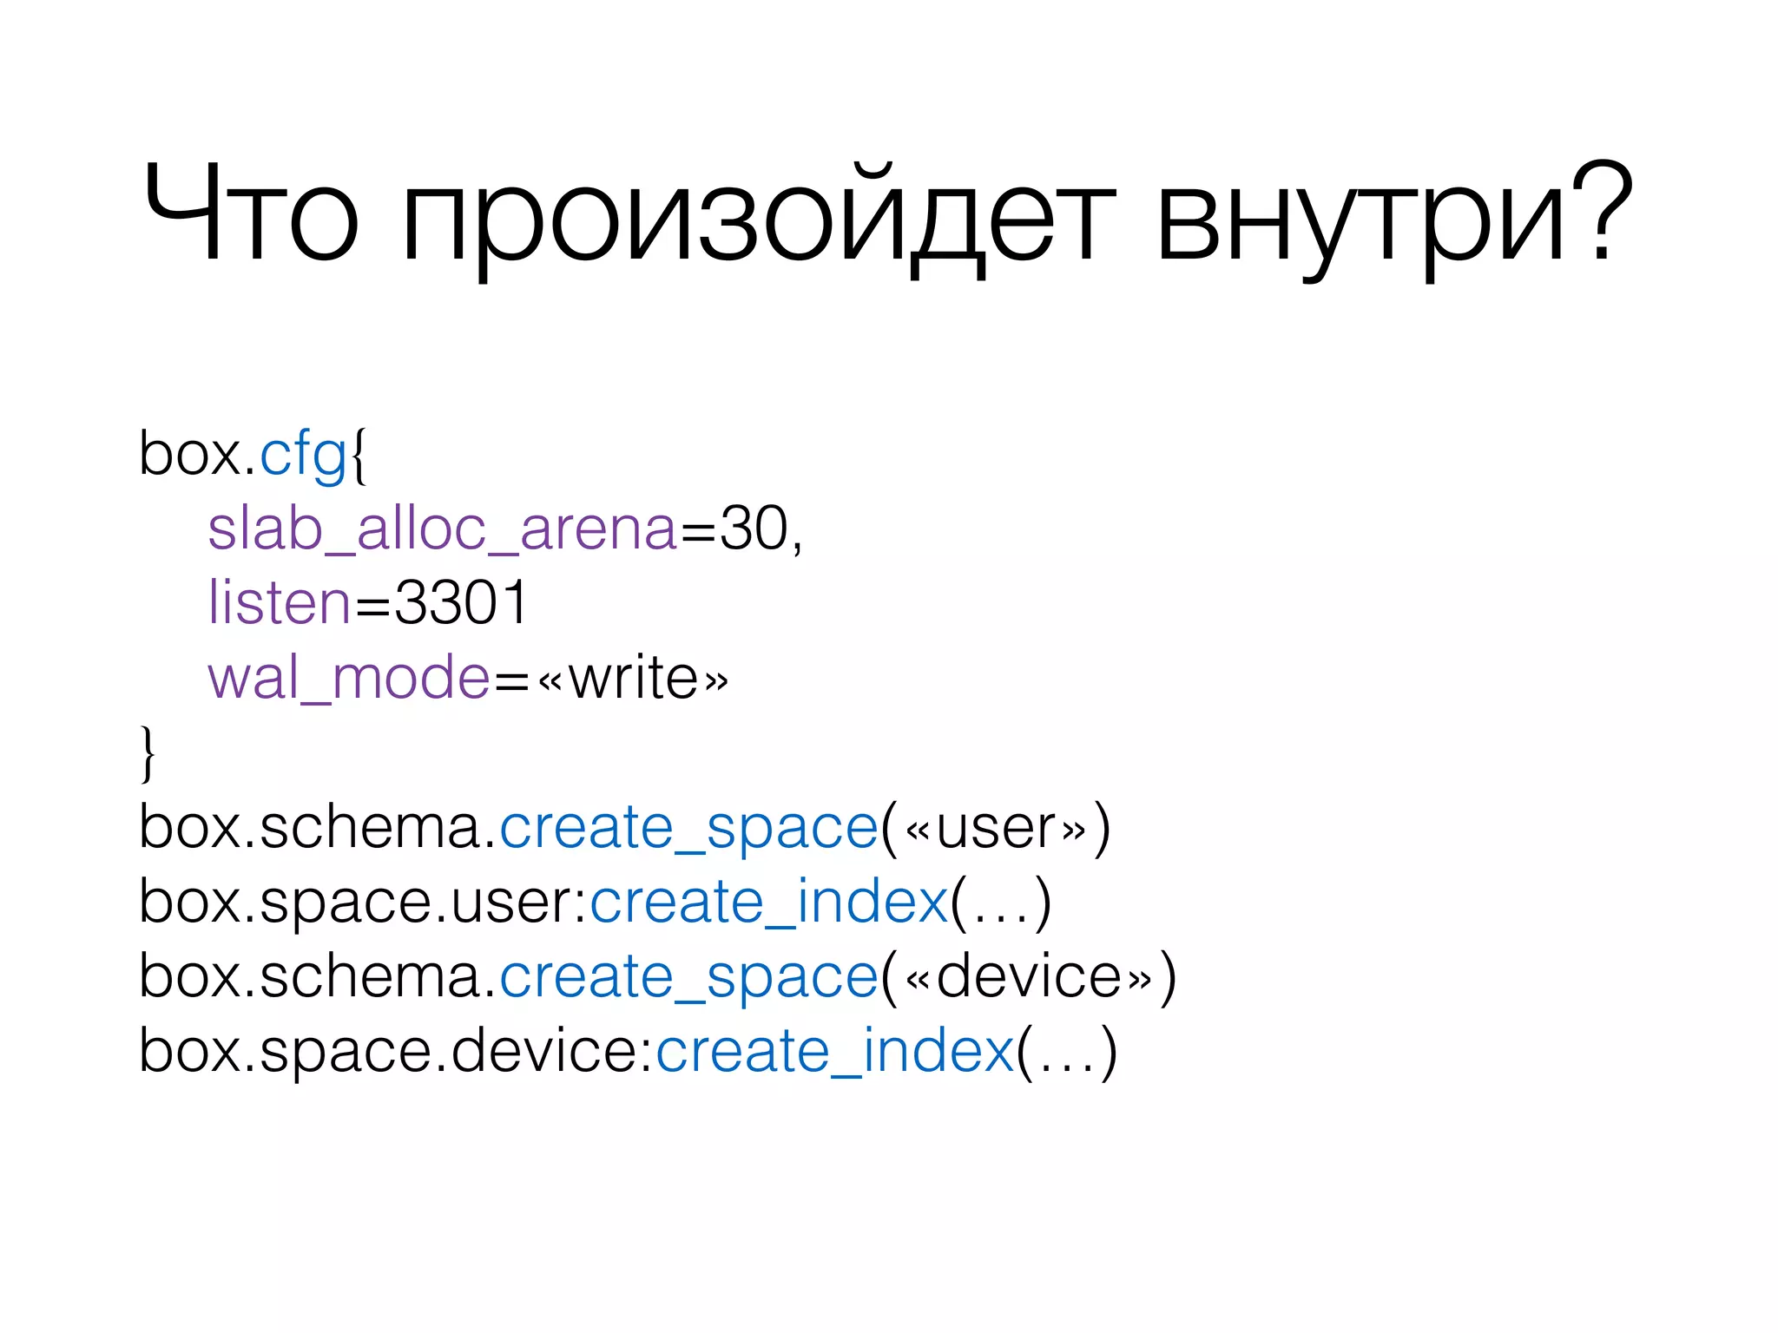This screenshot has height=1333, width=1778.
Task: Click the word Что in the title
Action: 250,215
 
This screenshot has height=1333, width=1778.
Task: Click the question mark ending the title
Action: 1603,212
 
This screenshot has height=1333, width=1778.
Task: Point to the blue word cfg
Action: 303,455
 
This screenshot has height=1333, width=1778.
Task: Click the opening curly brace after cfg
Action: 359,456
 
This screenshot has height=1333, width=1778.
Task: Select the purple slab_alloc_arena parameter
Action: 442,529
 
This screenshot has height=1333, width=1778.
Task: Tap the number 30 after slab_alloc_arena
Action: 754,529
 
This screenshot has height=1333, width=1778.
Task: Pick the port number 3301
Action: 460,603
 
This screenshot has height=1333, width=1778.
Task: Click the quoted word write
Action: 633,678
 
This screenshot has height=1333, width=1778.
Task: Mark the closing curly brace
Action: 148,753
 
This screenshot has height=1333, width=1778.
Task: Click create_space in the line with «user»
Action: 688,828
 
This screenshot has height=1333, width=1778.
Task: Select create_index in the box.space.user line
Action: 769,903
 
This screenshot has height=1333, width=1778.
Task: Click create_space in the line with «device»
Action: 688,977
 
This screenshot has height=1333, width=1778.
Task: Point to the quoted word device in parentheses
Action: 1029,977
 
